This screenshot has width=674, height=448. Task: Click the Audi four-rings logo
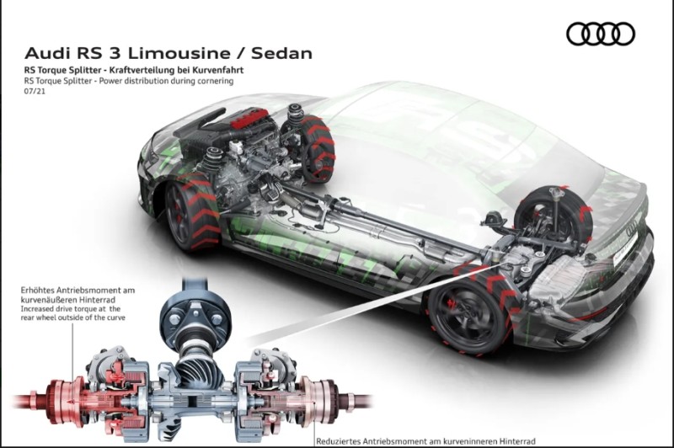[x=601, y=34]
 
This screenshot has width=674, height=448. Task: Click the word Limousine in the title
[x=179, y=53]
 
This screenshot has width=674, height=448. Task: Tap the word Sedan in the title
[x=281, y=53]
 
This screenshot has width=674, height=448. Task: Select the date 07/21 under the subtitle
[x=35, y=91]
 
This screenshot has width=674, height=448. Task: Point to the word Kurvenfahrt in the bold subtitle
[x=220, y=70]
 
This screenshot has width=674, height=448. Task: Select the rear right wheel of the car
[x=554, y=217]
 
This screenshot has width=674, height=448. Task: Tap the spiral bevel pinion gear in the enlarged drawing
[x=197, y=373]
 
